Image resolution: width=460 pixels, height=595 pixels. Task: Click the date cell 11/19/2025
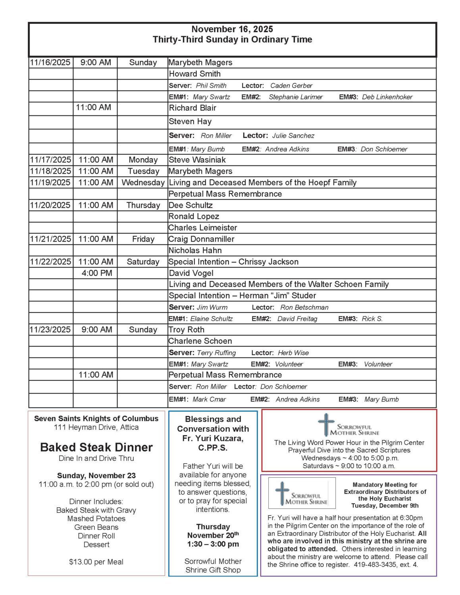(50, 182)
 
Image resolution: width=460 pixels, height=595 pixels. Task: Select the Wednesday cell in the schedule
(143, 182)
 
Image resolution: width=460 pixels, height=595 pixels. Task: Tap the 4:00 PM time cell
(97, 273)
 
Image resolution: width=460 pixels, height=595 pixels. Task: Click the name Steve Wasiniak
(197, 160)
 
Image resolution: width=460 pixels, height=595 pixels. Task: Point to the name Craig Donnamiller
(201, 239)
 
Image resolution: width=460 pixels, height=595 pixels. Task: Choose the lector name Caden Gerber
(291, 86)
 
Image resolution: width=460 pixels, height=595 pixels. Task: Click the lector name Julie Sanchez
(293, 136)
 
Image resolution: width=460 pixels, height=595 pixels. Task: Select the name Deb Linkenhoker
(387, 97)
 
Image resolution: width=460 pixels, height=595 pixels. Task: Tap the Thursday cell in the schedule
(143, 205)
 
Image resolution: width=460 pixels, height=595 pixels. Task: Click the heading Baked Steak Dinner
(96, 447)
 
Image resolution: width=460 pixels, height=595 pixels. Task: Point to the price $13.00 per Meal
(96, 562)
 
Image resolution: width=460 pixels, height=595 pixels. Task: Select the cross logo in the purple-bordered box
(283, 493)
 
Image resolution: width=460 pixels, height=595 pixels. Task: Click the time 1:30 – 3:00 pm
(213, 544)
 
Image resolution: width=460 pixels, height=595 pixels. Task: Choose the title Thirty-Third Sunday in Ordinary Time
(232, 40)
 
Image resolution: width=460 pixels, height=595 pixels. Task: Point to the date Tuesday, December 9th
(385, 506)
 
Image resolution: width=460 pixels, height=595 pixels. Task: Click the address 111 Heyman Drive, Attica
(96, 427)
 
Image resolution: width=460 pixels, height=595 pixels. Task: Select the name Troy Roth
(186, 330)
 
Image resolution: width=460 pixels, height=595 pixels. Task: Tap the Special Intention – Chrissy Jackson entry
(233, 262)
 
